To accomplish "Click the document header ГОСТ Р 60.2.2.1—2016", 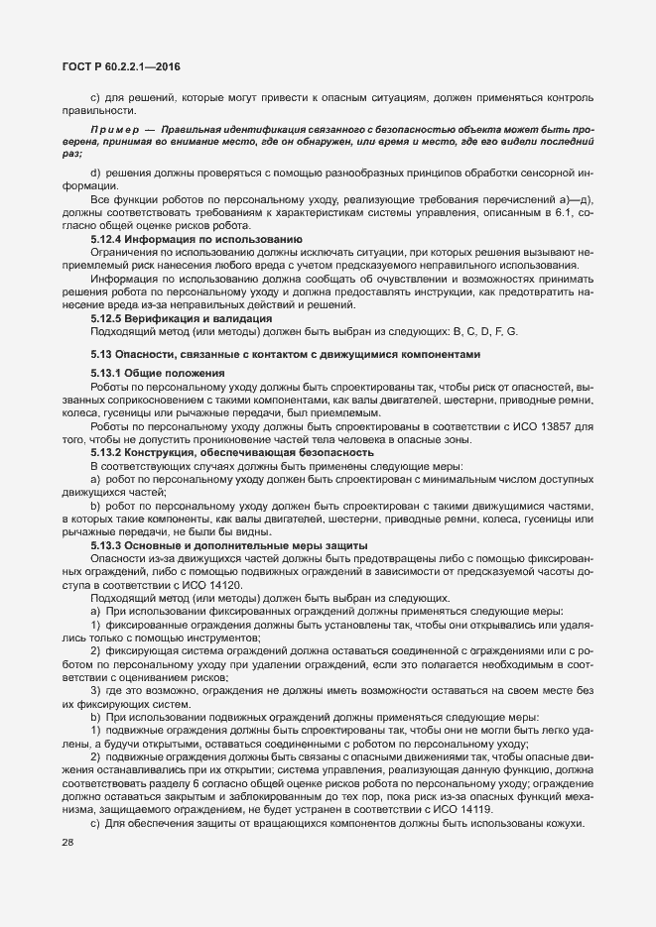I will point(115,66).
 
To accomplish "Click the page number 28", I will point(68,843).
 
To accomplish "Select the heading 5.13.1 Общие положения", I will point(151,373).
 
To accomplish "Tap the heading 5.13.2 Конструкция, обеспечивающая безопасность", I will point(218,452).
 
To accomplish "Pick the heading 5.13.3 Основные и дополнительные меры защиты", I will point(215,545).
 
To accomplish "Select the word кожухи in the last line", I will point(568,826).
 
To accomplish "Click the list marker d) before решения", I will point(96,174).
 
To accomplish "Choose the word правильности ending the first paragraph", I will point(90,112).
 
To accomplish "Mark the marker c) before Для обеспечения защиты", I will point(96,826).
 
